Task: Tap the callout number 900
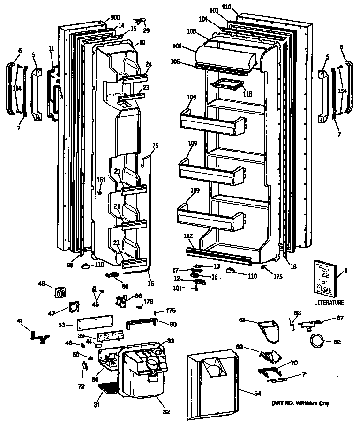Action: click(114, 18)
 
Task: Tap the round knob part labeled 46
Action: click(61, 293)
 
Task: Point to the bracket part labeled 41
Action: click(38, 335)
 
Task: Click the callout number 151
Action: click(101, 180)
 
